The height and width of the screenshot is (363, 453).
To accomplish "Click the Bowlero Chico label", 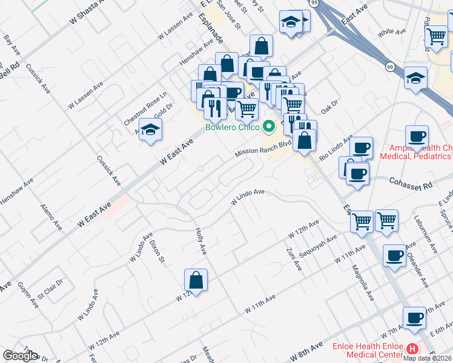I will tap(232, 127).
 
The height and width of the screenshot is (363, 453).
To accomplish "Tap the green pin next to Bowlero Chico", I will tap(270, 126).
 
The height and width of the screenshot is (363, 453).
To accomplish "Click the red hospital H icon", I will tap(412, 349).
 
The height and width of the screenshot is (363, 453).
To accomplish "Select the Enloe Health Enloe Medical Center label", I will tap(368, 350).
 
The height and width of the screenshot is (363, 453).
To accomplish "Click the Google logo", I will tap(20, 356).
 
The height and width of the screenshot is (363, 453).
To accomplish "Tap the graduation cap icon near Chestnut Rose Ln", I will tap(150, 129).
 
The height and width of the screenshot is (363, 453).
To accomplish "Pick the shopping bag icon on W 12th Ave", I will tap(196, 281).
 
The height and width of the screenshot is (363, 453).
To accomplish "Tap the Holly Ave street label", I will tap(201, 240).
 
